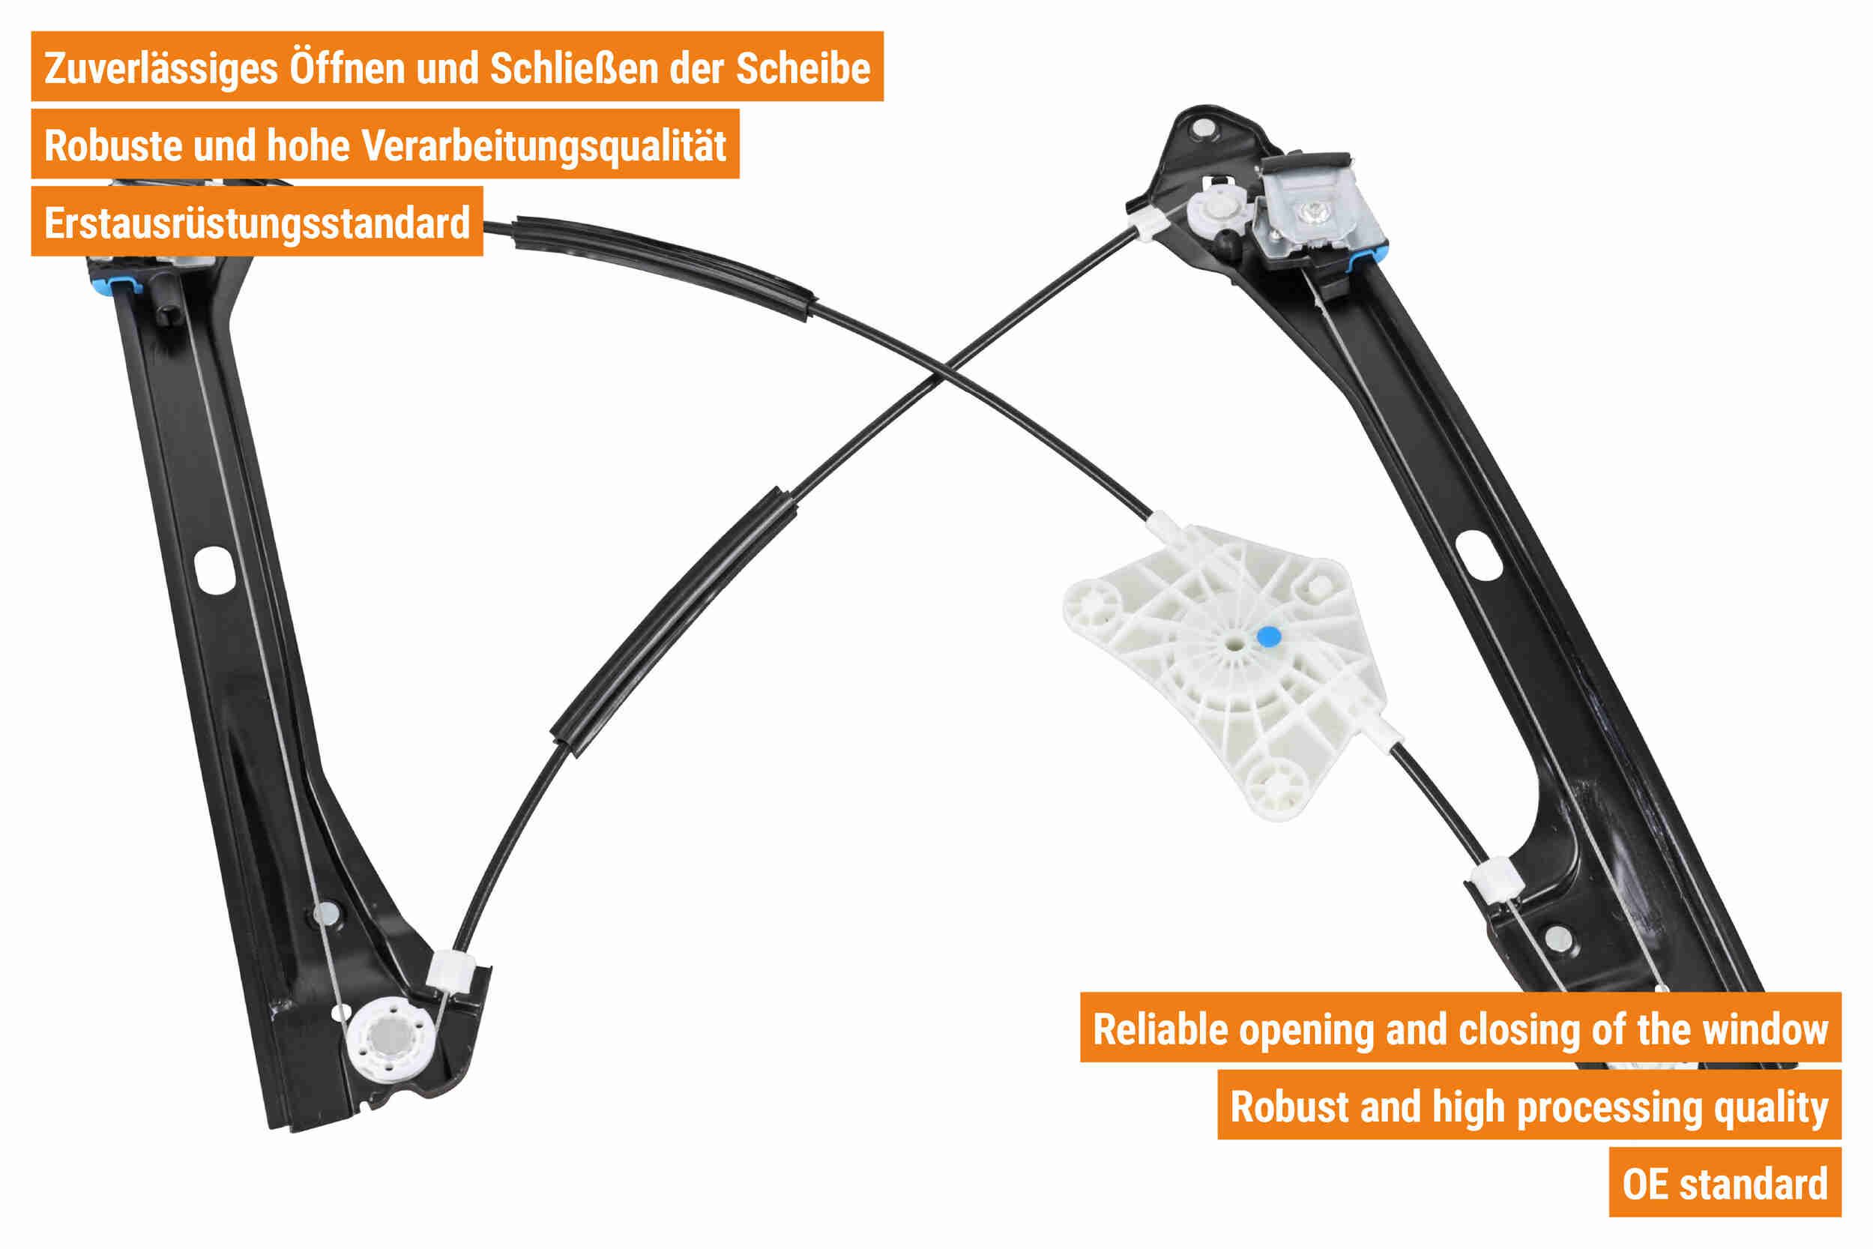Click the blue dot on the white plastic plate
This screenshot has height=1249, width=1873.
click(1269, 636)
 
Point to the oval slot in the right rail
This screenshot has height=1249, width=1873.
click(1478, 556)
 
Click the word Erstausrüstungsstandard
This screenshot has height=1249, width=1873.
click(257, 223)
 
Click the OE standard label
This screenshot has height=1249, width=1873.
click(1725, 1184)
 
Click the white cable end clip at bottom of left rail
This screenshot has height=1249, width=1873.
click(451, 972)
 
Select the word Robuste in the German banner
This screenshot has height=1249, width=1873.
click(113, 145)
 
